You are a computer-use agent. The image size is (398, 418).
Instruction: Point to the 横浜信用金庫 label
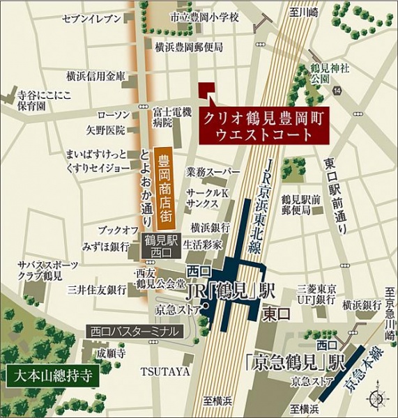tap(95, 76)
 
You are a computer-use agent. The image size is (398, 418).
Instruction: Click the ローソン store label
tap(113, 114)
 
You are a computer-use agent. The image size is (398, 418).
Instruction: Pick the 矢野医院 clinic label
tap(105, 129)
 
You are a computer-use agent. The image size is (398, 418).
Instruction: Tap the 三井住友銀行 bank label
tap(96, 288)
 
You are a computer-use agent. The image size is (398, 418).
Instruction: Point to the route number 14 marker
tap(337, 91)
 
